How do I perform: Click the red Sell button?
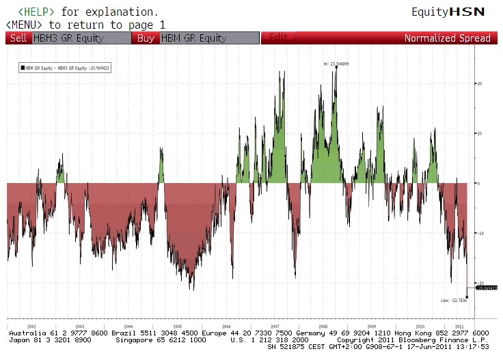(x=19, y=38)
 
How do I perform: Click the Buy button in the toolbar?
(x=146, y=38)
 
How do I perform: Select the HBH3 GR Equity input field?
(x=81, y=38)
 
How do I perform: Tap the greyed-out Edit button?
(x=278, y=38)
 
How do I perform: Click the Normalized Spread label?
(x=447, y=38)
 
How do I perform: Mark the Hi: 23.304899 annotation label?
(x=336, y=64)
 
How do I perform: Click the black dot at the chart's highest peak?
(x=336, y=67)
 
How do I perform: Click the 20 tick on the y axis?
(x=480, y=83)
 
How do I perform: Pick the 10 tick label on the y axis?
(x=480, y=133)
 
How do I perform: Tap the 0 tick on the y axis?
(x=478, y=183)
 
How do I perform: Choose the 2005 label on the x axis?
(x=177, y=327)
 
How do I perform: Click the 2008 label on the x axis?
(x=323, y=327)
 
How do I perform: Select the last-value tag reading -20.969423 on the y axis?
(x=487, y=288)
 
